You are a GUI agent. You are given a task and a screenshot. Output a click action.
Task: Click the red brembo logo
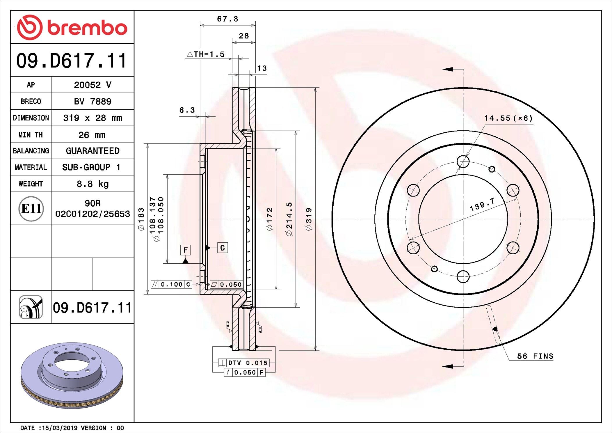72,27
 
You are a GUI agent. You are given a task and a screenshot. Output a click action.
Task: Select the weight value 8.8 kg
92,184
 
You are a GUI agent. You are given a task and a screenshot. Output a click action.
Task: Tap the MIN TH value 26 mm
92,135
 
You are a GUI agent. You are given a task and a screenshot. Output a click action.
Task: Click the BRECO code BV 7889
92,101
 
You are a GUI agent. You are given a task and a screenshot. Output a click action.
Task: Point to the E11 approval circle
31,209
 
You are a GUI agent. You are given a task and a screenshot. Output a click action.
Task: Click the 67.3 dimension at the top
227,19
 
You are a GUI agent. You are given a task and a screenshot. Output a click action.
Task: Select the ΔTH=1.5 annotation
206,54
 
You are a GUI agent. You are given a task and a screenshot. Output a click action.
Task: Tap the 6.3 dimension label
187,110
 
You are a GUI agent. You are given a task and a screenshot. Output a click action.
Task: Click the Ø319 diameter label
309,219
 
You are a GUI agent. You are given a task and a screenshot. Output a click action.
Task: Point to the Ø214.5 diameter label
289,219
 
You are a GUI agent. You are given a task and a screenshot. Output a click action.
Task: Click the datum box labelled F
185,250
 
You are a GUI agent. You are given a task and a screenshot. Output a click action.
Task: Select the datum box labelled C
223,248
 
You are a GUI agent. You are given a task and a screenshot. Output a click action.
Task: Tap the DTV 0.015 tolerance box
244,363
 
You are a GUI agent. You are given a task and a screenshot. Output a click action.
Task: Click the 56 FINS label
535,356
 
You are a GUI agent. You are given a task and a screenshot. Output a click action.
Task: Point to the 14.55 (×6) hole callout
508,118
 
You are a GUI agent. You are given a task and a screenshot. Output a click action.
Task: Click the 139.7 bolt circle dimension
482,205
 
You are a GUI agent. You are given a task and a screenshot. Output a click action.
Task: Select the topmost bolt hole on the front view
463,162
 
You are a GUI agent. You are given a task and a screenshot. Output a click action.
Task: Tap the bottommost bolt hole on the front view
463,276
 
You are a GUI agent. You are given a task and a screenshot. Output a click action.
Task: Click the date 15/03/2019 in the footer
60,428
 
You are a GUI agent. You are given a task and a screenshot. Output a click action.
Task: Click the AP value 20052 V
92,85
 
